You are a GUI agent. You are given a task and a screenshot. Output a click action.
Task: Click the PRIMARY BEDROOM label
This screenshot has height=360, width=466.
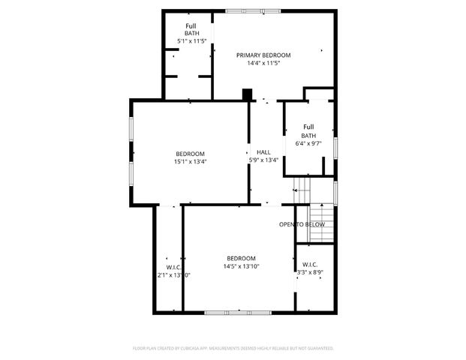click(x=263, y=55)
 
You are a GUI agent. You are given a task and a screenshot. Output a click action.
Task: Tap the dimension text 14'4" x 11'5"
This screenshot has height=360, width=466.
click(x=263, y=63)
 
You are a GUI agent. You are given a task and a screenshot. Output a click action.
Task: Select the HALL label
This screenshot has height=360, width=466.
click(x=263, y=151)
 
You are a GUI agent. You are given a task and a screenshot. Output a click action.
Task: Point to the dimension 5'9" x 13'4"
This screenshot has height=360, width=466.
click(x=263, y=160)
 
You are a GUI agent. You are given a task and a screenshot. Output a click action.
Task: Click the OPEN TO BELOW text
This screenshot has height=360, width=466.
click(x=302, y=224)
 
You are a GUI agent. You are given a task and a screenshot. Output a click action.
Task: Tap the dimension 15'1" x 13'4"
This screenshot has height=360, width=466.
click(x=190, y=160)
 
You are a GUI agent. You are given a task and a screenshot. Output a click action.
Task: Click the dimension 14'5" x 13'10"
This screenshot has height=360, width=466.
click(x=241, y=266)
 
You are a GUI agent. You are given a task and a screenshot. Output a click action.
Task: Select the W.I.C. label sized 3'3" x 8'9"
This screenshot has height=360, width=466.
click(x=310, y=264)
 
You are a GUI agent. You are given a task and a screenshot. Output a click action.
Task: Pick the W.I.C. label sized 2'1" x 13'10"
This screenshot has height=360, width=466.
click(x=173, y=267)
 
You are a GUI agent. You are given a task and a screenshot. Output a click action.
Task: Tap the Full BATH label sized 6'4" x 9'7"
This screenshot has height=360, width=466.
click(x=308, y=130)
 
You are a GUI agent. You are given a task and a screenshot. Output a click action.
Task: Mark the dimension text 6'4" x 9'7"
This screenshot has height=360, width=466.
click(x=308, y=142)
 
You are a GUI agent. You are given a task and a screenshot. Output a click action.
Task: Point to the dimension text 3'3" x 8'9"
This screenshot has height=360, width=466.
click(x=310, y=272)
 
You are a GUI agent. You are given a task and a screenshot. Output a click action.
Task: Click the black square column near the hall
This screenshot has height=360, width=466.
click(x=247, y=94)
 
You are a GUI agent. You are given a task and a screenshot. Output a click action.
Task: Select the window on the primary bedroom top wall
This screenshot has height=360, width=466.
click(x=254, y=10)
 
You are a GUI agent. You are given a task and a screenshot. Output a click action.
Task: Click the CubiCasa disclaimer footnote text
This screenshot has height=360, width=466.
click(x=233, y=348)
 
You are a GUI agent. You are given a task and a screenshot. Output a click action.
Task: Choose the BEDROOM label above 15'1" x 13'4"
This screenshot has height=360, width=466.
click(x=190, y=153)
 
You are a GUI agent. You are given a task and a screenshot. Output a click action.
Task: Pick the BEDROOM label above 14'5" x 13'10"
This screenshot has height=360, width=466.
click(x=241, y=258)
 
